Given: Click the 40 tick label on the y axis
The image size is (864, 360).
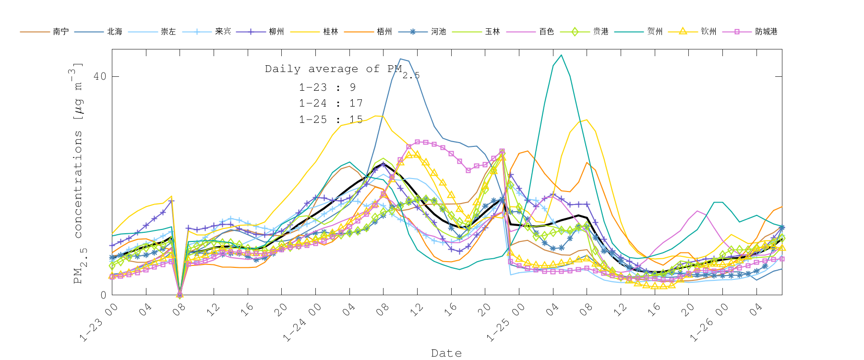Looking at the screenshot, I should [99, 76].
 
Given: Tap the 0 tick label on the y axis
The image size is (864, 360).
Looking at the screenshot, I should [103, 295].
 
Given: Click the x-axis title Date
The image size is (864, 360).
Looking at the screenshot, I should [446, 353].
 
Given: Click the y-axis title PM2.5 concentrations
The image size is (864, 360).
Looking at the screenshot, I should [78, 173].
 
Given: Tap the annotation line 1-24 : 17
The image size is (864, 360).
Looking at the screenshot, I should [331, 103].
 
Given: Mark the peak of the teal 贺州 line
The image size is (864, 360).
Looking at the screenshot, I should [561, 55].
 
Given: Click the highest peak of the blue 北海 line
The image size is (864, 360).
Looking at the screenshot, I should [400, 59].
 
